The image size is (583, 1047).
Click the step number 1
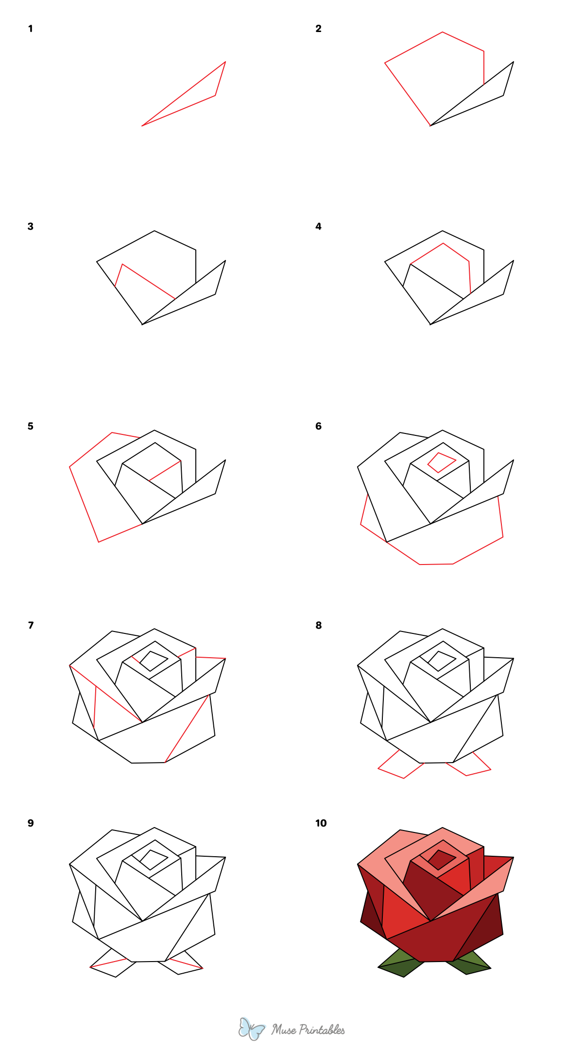click(30, 29)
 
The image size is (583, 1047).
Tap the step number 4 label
click(318, 227)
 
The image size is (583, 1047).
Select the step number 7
click(31, 625)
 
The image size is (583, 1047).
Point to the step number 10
click(321, 823)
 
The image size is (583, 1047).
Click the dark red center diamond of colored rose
click(441, 860)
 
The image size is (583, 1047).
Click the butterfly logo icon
click(251, 1029)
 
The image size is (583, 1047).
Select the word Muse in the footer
click(283, 1030)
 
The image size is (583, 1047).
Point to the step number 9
click(31, 823)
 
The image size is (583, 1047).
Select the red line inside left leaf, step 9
click(109, 963)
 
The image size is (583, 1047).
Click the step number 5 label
click(31, 426)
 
